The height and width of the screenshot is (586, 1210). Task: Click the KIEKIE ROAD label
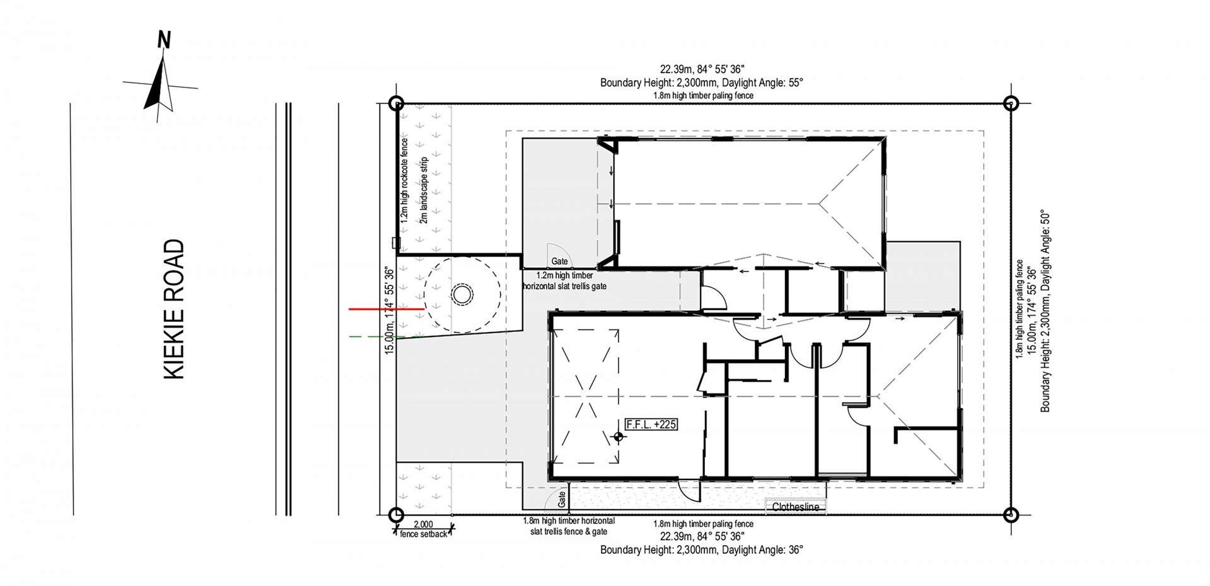pos(174,309)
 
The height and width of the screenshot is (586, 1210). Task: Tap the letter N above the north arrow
pos(164,41)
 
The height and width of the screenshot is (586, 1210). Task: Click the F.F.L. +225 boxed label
pos(651,424)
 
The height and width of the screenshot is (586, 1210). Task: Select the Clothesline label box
pos(795,507)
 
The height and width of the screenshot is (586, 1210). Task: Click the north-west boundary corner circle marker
pos(395,103)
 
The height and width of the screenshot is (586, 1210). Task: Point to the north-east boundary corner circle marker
pos(1011,103)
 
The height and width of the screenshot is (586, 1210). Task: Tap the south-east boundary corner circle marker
pos(1011,514)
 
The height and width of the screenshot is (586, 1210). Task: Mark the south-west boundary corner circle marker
pos(395,514)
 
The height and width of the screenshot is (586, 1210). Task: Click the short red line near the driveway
pos(386,309)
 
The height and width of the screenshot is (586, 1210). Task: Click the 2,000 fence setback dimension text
pos(423,524)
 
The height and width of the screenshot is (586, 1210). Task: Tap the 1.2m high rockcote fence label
pos(405,181)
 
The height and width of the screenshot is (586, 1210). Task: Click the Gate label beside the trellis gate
pos(559,261)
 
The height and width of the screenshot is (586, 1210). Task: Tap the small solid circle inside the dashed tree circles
pos(462,294)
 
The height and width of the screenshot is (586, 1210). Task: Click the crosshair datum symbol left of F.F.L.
pos(618,437)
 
